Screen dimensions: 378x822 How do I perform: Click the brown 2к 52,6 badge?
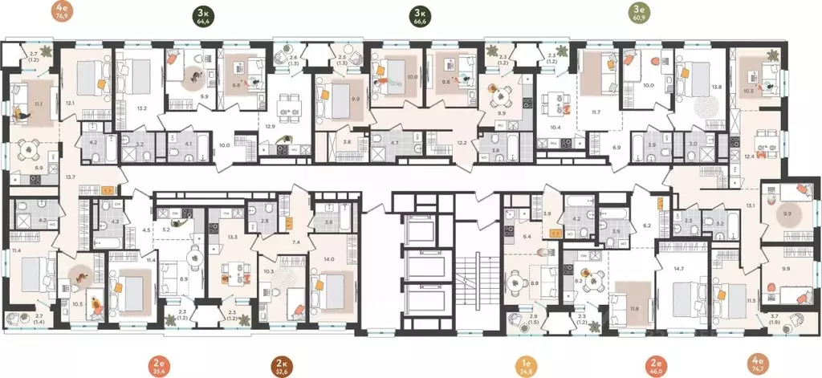coord(282,365)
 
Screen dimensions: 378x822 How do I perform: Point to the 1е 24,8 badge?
coord(524,365)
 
